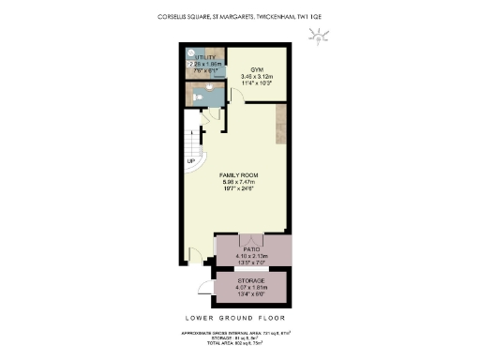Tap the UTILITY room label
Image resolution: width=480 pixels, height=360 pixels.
coord(206,57)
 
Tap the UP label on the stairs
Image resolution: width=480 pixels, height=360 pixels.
coord(191,161)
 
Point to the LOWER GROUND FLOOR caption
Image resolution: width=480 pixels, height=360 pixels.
coord(240,318)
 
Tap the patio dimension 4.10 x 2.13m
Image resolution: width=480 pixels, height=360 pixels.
coord(254,256)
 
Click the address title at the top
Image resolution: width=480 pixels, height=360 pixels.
coord(240,16)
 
